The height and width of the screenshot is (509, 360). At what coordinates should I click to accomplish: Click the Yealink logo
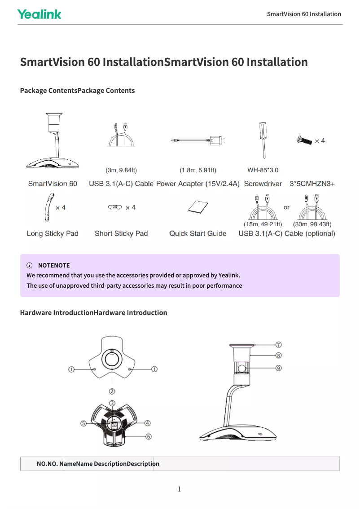click(39, 14)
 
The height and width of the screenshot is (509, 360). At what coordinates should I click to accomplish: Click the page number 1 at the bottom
click(179, 489)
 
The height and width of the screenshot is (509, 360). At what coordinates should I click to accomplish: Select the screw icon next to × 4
click(304, 140)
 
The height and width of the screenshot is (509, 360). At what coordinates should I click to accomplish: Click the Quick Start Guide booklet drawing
click(198, 208)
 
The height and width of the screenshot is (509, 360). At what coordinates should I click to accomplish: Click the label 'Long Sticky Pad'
click(53, 233)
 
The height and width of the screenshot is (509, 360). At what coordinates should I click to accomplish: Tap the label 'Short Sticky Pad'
click(121, 233)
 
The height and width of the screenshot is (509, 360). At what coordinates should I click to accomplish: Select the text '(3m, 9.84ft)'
click(121, 170)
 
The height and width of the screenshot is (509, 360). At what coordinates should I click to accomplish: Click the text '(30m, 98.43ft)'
click(312, 224)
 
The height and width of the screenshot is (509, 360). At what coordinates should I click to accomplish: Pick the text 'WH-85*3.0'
click(263, 170)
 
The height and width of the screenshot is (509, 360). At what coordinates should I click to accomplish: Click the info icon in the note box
click(30, 265)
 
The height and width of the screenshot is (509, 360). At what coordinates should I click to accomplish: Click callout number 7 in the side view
click(279, 345)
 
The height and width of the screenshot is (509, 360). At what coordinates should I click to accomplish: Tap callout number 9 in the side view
click(279, 368)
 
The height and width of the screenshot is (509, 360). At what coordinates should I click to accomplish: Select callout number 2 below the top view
click(112, 391)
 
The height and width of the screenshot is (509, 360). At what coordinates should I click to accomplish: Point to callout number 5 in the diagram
click(83, 423)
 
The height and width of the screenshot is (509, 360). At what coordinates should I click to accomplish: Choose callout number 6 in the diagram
click(148, 436)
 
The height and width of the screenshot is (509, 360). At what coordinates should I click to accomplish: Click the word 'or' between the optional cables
click(287, 207)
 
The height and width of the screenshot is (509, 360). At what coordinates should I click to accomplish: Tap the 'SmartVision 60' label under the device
click(53, 184)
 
